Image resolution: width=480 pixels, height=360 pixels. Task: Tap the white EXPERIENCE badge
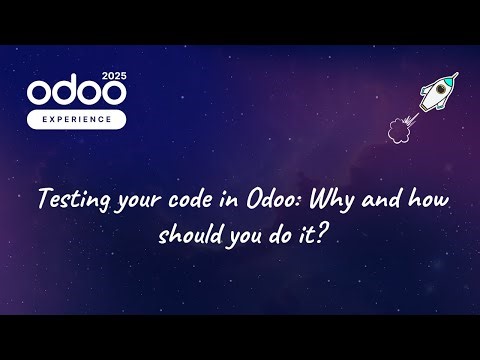78,117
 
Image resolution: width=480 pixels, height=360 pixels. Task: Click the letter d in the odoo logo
66,92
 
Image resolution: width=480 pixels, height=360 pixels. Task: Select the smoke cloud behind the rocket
397,128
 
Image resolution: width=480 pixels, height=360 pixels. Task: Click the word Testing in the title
68,199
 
